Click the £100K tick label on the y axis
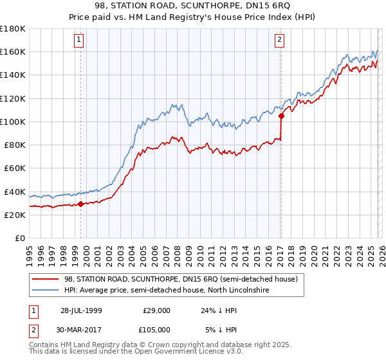pos(13,122)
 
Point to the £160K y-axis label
pos(13,51)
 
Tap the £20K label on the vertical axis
pos(15,215)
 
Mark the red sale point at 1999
pos(81,204)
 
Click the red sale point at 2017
pos(281,116)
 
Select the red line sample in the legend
pos(45,280)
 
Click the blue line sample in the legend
pos(45,291)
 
